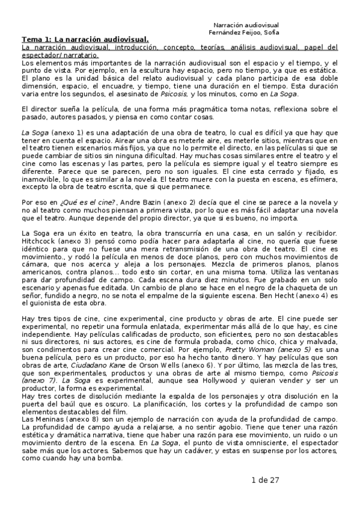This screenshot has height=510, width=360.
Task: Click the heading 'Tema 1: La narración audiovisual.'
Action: point(85,40)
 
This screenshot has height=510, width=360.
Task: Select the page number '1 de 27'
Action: point(265,480)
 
